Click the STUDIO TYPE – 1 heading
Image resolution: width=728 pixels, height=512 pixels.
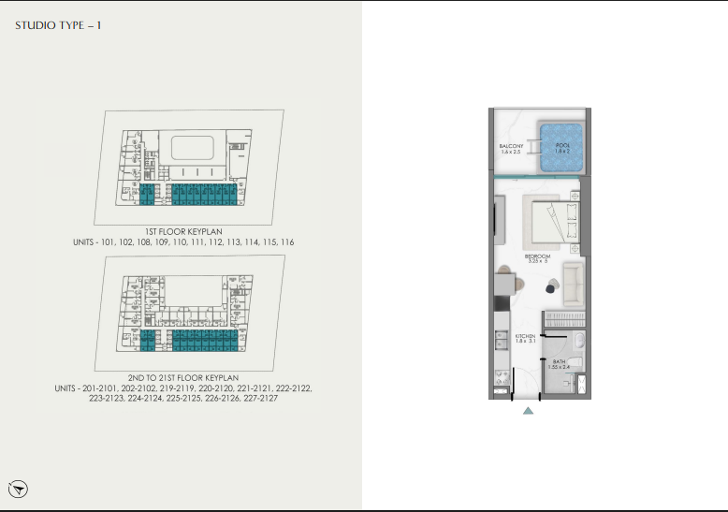58,25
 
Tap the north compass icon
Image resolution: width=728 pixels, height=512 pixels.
20,488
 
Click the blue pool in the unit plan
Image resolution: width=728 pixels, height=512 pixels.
561,147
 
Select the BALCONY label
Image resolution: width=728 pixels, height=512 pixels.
511,147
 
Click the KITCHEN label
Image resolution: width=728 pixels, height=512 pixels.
526,336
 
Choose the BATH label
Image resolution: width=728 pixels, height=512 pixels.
559,361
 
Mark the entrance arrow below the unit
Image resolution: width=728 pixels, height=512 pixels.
528,410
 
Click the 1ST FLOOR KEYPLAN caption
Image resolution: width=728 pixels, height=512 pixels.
183,230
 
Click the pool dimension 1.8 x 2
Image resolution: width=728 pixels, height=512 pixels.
561,152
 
